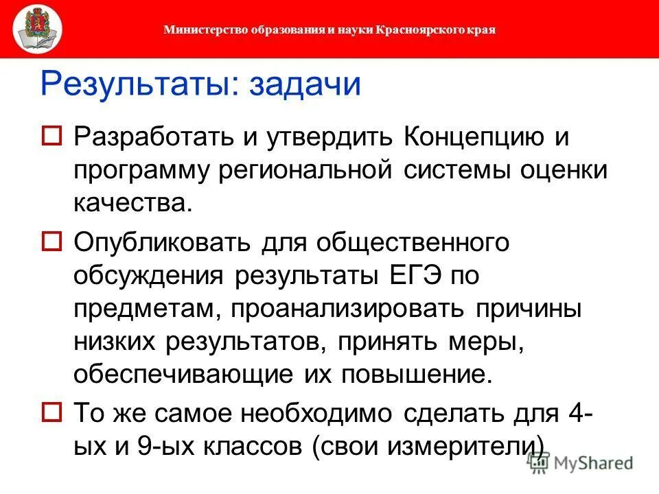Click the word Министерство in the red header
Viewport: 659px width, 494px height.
pyautogui.click(x=196, y=30)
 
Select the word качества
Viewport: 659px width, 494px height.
pyautogui.click(x=129, y=203)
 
